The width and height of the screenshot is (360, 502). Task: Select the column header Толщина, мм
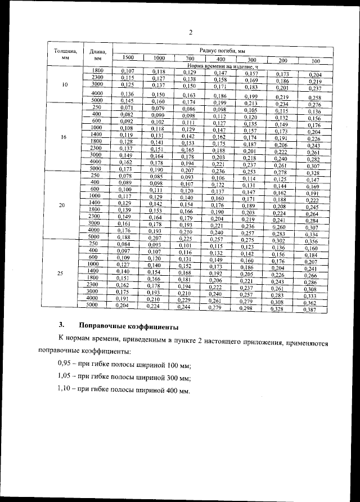[x=65, y=55]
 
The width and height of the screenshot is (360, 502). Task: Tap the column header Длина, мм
[x=98, y=55]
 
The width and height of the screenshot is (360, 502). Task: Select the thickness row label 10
[x=65, y=84]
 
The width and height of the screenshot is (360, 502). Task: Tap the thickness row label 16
[x=65, y=136]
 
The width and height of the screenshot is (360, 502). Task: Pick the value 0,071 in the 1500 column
[x=126, y=107]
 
